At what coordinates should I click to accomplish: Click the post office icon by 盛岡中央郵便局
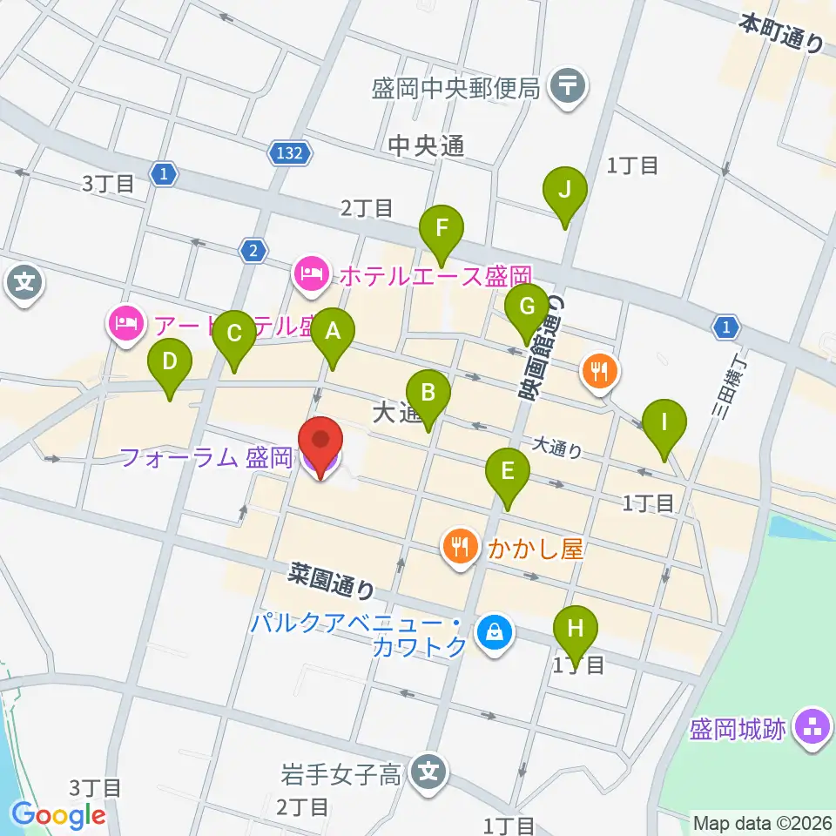pos(570,86)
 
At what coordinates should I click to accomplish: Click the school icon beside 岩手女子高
pos(428,770)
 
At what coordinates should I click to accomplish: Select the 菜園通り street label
pos(333,580)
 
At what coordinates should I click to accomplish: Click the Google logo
pos(58,815)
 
